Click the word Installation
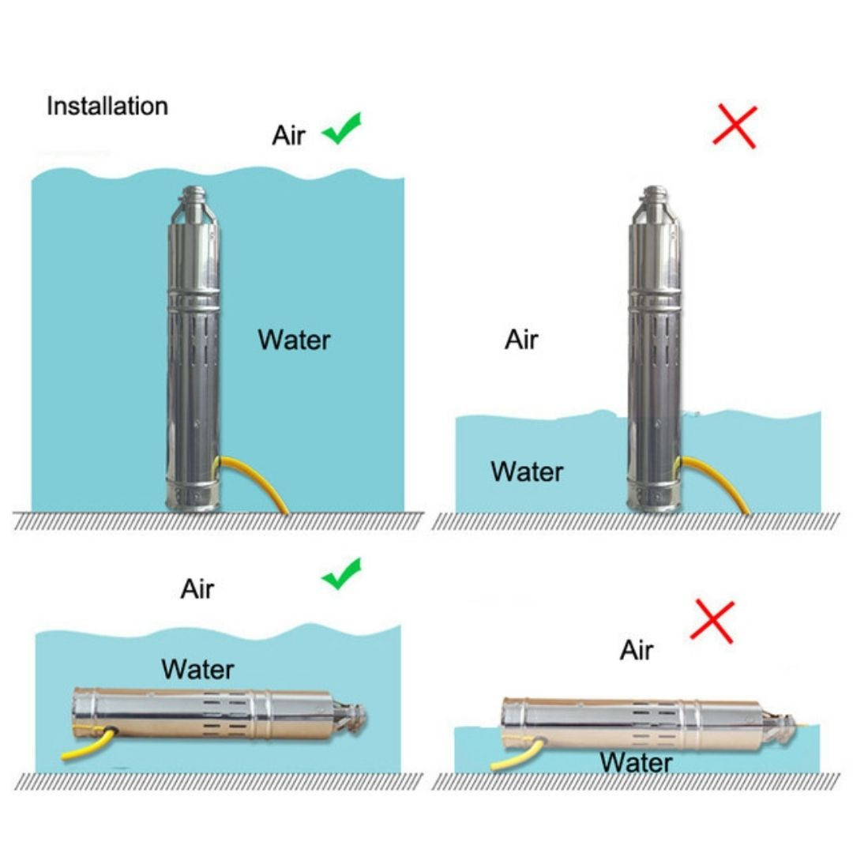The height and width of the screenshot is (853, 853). point(107,106)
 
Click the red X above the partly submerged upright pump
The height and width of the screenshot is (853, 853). point(735,126)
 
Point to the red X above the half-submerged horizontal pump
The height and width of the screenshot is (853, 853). point(712,622)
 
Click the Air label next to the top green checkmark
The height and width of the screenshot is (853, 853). point(288,135)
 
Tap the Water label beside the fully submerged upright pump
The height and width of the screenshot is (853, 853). point(294,340)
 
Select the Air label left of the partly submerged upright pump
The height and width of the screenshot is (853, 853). point(521,340)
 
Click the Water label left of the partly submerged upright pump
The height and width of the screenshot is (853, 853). point(527,471)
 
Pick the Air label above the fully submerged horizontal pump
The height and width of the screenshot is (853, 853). point(197,588)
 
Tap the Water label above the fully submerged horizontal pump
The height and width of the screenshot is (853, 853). point(197,669)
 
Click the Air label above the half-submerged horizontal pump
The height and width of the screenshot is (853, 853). point(637,650)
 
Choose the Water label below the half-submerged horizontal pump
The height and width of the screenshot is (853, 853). point(636,762)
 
